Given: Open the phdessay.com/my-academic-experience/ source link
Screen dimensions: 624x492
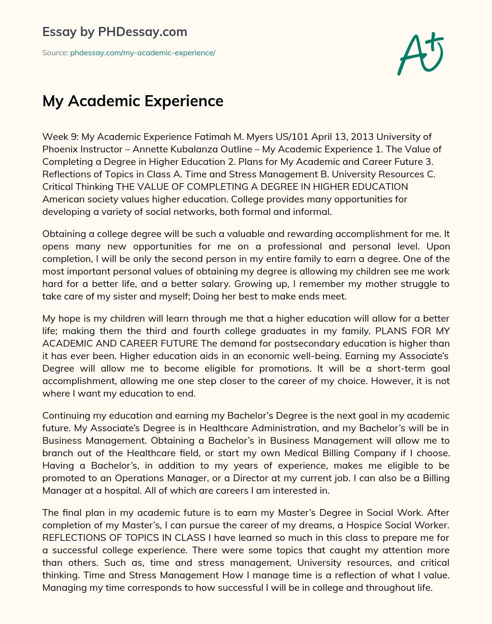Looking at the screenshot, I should pyautogui.click(x=143, y=53).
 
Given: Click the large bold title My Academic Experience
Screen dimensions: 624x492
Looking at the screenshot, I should pyautogui.click(x=133, y=101).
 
